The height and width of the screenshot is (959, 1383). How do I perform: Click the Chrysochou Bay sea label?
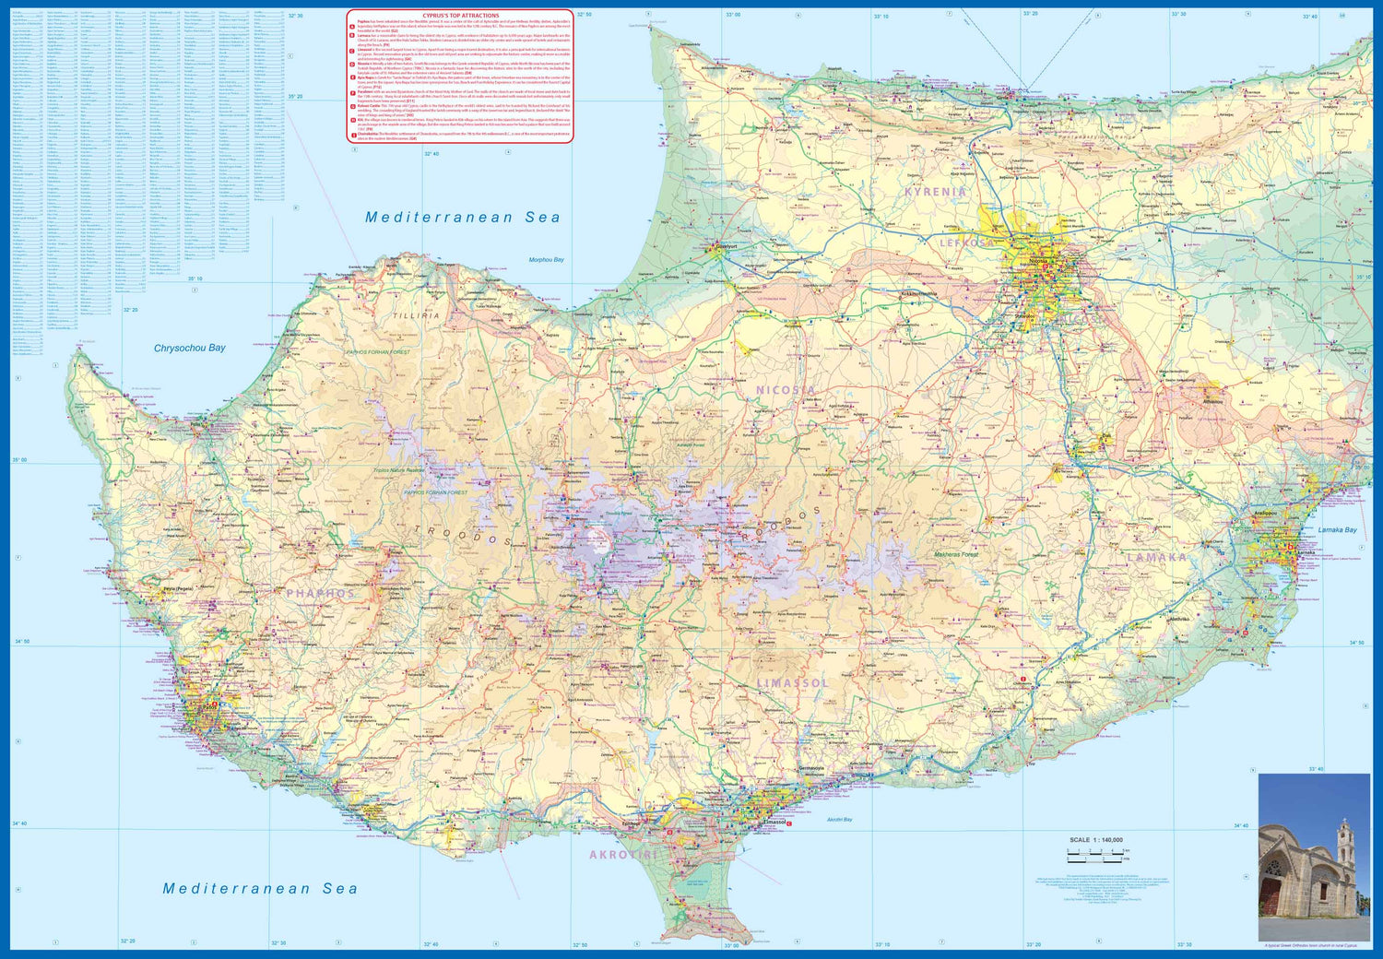tap(189, 348)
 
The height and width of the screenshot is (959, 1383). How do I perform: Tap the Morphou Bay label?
tap(546, 260)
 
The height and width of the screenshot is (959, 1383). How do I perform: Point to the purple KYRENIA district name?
tap(935, 192)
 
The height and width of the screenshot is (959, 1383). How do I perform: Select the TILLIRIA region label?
tap(417, 315)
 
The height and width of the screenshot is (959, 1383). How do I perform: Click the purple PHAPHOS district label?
tap(320, 593)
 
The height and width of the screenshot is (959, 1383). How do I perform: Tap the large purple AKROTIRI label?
tap(627, 855)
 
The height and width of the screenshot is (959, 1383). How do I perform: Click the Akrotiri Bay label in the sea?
tap(839, 819)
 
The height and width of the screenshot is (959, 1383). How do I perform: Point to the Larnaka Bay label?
tap(1337, 530)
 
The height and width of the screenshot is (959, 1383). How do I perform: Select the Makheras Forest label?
tap(956, 554)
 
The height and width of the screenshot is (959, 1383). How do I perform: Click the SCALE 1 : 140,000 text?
tap(1095, 840)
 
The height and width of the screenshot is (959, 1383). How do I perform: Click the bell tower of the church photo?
tap(1343, 844)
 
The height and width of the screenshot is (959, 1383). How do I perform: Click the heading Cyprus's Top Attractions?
tap(460, 16)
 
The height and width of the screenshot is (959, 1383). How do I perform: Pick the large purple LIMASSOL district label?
tap(793, 682)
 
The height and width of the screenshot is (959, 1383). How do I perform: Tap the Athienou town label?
tap(1212, 401)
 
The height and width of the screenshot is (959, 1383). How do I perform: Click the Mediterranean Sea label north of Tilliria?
tap(462, 218)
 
